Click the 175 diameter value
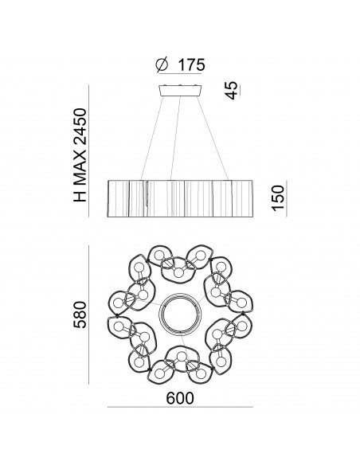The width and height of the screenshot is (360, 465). pos(191,65)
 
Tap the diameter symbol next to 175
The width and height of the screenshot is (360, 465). pos(162,65)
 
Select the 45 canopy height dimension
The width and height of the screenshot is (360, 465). pos(231,90)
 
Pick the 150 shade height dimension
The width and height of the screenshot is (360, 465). pos(278,198)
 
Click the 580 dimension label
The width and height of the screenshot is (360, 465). pos(80,315)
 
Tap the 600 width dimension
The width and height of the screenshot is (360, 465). pos(180,398)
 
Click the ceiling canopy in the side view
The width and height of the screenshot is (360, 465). pos(180,91)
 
